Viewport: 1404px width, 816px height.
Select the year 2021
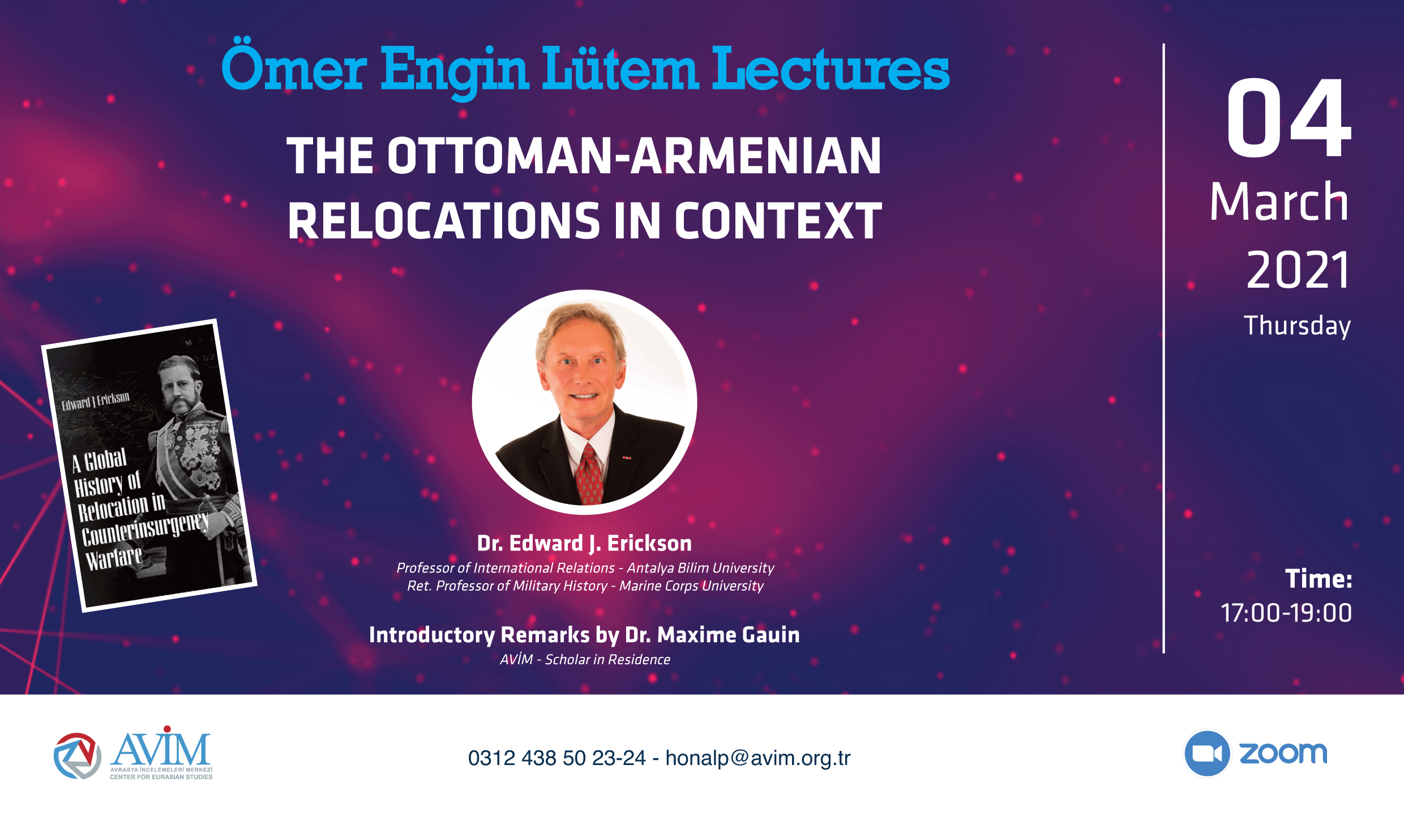(1298, 270)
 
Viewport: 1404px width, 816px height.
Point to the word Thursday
(1297, 326)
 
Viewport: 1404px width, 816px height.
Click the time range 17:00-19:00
(1286, 613)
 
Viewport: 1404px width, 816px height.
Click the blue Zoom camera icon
(1207, 753)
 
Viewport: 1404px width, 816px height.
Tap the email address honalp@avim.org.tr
(758, 758)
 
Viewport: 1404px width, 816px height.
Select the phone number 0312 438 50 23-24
(557, 758)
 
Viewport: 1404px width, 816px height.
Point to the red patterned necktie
(590, 475)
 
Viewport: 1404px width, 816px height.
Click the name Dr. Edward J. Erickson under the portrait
(584, 543)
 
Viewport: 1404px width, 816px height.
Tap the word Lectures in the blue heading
(831, 69)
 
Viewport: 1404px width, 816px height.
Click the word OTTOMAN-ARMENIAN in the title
(634, 156)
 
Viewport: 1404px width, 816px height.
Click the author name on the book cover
(96, 401)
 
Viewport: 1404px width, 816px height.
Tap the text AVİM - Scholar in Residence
(585, 660)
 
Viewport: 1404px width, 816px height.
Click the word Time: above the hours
(1319, 579)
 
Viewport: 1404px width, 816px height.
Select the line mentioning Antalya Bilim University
(585, 568)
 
